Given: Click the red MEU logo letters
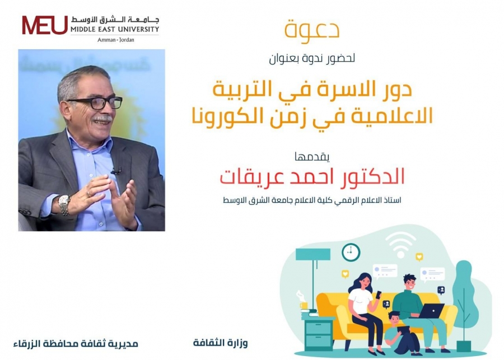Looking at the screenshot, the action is tap(45, 25).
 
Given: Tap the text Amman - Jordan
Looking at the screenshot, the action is tap(116, 40).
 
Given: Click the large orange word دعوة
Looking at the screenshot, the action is tap(312, 30).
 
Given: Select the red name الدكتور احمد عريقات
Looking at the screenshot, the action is tap(312, 176).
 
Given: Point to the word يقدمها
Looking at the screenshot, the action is tap(312, 157).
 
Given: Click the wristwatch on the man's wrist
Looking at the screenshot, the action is tap(64, 205).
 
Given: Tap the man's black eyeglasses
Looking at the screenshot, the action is tap(96, 103).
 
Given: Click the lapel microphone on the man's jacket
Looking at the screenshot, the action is tap(116, 171).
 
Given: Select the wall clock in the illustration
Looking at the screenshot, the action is tap(351, 252).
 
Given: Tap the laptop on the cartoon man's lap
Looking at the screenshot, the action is tap(431, 311).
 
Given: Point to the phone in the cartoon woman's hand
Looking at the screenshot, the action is tap(379, 294).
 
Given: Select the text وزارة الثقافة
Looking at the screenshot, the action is tap(221, 343).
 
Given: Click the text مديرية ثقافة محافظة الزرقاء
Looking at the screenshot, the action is tap(76, 344).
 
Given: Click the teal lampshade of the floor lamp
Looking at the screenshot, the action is tap(312, 254).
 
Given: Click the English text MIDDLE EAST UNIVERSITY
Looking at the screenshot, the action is tap(115, 30).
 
